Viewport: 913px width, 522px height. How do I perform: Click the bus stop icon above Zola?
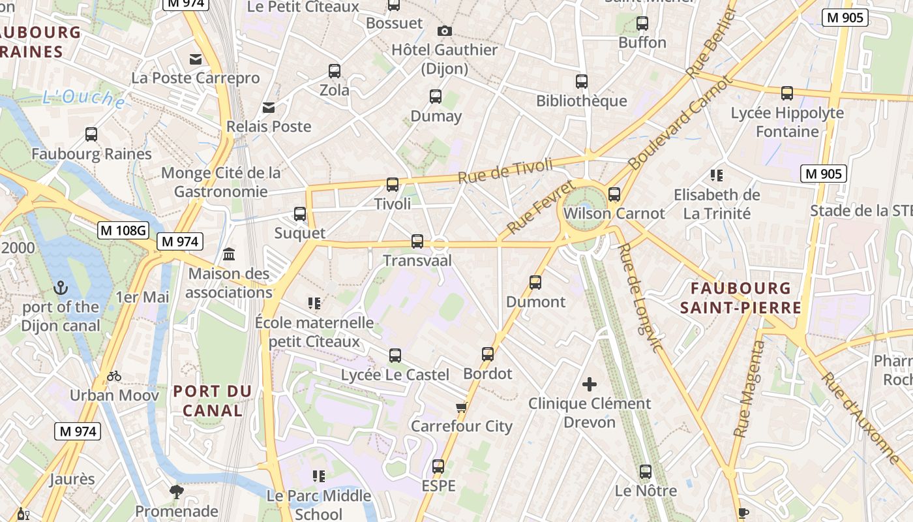click(335, 70)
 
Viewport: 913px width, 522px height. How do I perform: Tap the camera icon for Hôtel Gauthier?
click(445, 31)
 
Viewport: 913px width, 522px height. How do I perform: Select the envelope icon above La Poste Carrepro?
click(196, 59)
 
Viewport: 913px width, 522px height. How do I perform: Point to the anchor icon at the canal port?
click(61, 287)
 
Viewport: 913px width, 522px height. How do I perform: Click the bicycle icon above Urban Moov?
click(114, 376)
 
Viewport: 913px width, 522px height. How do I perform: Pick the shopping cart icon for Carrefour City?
click(462, 408)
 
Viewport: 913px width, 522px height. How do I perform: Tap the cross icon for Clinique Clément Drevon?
click(590, 384)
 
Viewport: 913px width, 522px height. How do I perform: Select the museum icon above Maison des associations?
click(230, 254)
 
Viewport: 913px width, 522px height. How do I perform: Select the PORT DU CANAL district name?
click(212, 401)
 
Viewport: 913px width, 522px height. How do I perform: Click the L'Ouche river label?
click(83, 99)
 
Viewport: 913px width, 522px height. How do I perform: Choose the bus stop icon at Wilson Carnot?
click(614, 194)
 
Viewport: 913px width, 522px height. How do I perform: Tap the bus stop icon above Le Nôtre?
click(646, 471)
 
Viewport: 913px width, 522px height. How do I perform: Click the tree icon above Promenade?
click(176, 491)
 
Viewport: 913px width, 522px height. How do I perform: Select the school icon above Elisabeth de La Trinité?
click(717, 175)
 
